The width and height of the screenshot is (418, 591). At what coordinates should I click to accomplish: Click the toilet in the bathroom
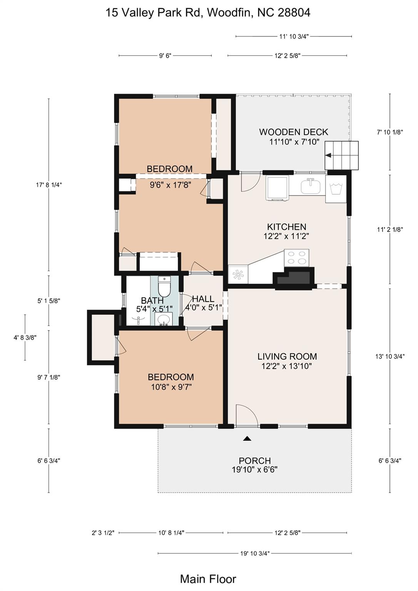pos(164,287)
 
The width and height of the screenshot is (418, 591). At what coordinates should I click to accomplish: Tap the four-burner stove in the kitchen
pos(296,258)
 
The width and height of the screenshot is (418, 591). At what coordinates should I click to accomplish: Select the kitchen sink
pos(311,186)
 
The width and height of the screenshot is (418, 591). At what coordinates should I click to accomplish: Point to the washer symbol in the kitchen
pos(336,189)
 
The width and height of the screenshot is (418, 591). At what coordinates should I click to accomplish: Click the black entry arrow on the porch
pos(247,439)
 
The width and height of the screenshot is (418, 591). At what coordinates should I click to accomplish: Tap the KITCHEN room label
pos(287,227)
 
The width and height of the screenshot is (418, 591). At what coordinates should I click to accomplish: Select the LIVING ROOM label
pos(287,356)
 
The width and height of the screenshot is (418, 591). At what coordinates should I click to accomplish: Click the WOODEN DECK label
pos(293,132)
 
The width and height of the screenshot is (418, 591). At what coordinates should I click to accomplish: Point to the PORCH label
pos(255,461)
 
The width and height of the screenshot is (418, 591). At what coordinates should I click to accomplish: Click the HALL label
pos(203,299)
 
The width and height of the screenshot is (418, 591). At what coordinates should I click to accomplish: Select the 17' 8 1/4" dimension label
pos(49,185)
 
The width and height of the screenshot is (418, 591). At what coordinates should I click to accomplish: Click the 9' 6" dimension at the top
pos(165,56)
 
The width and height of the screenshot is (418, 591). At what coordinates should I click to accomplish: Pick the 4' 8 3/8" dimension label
pos(25,337)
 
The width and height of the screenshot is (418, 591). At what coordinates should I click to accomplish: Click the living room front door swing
pos(246,415)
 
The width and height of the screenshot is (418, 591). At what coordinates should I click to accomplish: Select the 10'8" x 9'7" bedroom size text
pos(171,387)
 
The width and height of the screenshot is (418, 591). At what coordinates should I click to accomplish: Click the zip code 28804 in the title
pos(294,13)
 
